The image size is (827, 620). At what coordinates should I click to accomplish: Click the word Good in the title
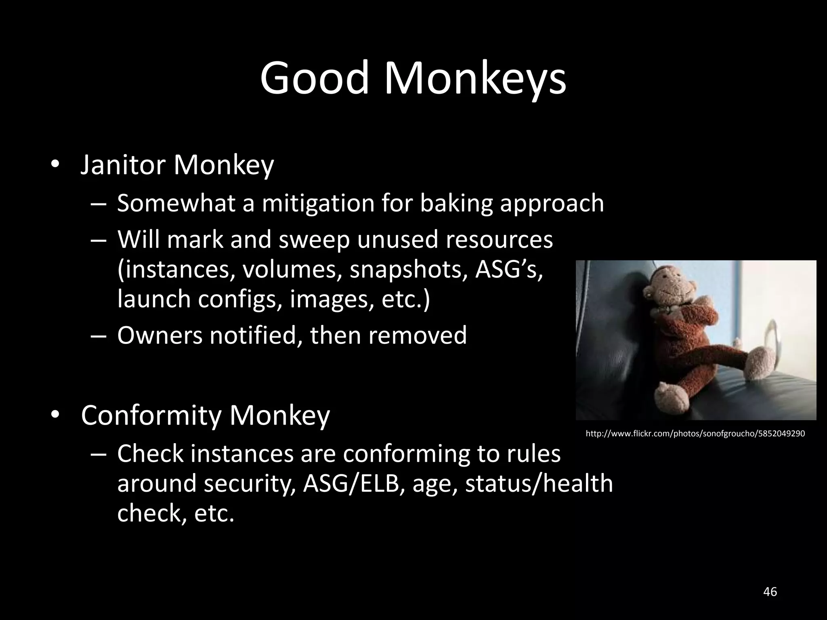click(315, 77)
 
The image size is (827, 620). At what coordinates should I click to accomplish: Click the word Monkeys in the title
click(475, 77)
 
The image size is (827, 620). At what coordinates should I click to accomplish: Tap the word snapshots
click(409, 269)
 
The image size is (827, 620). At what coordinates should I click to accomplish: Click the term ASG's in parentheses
click(508, 269)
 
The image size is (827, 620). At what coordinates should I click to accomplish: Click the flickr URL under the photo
click(695, 434)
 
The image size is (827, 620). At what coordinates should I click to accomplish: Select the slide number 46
click(770, 592)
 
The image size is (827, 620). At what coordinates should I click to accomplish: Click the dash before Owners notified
click(98, 336)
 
